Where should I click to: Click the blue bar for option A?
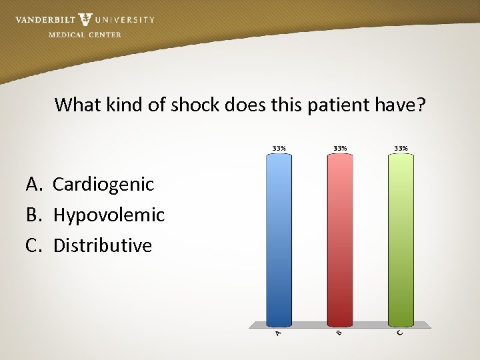point(279,240)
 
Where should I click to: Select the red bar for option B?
point(340,240)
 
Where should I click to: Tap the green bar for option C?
point(401,240)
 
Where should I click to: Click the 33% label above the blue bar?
point(279,148)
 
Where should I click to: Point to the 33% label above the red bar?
point(340,148)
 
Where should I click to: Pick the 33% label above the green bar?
point(401,148)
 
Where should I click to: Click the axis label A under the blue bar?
point(279,332)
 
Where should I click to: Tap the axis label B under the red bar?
point(339,332)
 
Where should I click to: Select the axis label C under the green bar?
point(400,332)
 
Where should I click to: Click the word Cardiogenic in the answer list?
point(103,184)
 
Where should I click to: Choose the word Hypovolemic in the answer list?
point(109,215)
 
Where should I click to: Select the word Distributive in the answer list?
point(103,245)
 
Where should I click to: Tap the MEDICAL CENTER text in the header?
point(85,35)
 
